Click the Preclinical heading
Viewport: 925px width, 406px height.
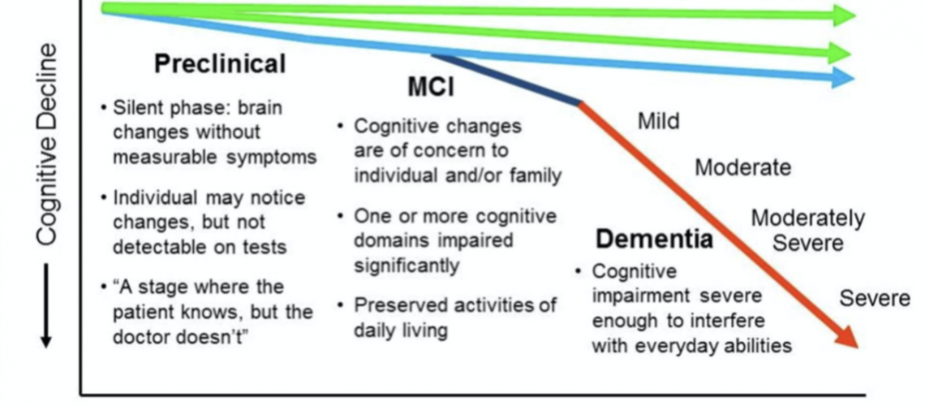tap(220, 63)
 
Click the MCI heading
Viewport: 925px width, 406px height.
tap(430, 87)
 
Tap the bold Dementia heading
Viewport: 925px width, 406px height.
tap(655, 239)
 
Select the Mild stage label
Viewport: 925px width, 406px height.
tap(658, 122)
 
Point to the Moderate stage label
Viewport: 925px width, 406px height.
tap(742, 168)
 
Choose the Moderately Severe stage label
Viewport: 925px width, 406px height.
tap(807, 231)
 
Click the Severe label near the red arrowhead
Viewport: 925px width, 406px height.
tap(875, 298)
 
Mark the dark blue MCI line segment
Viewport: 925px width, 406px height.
tap(507, 79)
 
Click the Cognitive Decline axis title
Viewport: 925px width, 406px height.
tap(47, 143)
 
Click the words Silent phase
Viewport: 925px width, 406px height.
tap(161, 108)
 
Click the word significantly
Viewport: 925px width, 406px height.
tap(407, 266)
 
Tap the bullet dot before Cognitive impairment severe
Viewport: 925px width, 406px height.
tap(577, 270)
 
